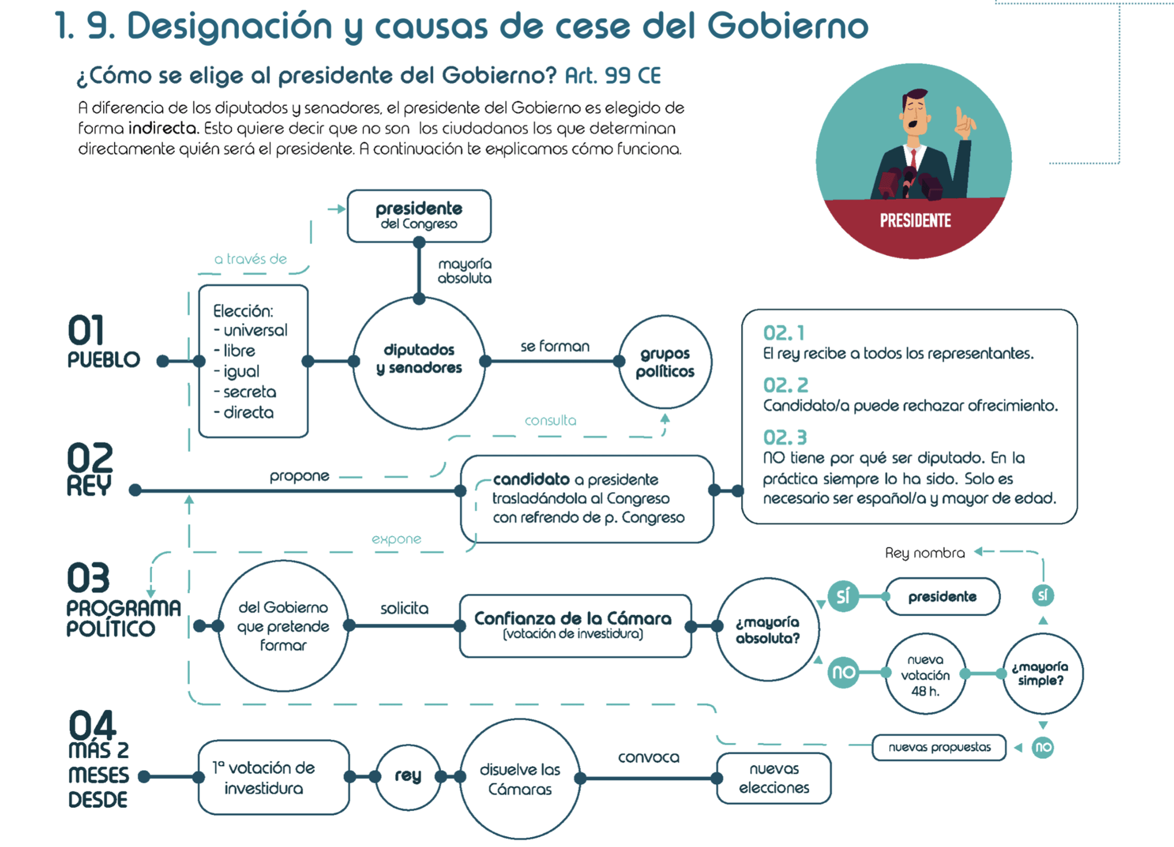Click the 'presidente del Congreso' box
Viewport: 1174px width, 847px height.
[x=419, y=216]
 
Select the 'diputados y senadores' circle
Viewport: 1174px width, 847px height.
[x=419, y=361]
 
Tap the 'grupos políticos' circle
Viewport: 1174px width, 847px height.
[x=665, y=362]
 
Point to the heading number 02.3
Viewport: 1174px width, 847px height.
[x=785, y=438]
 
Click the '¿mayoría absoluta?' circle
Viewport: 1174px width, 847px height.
[x=767, y=629]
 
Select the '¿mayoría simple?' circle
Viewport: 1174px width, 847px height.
[x=1042, y=673]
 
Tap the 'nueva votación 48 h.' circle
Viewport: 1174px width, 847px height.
[x=925, y=674]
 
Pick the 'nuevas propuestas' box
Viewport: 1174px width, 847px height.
[x=939, y=747]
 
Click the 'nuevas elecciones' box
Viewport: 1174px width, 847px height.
[x=774, y=778]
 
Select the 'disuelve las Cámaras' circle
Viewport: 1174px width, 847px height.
[x=520, y=779]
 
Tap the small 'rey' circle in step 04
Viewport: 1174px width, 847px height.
[x=408, y=776]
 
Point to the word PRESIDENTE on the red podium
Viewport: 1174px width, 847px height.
[x=915, y=221]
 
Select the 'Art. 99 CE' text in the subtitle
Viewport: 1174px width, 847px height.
[x=613, y=75]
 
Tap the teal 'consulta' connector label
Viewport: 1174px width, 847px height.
[x=550, y=420]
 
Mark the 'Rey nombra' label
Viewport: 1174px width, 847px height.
[x=925, y=553]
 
